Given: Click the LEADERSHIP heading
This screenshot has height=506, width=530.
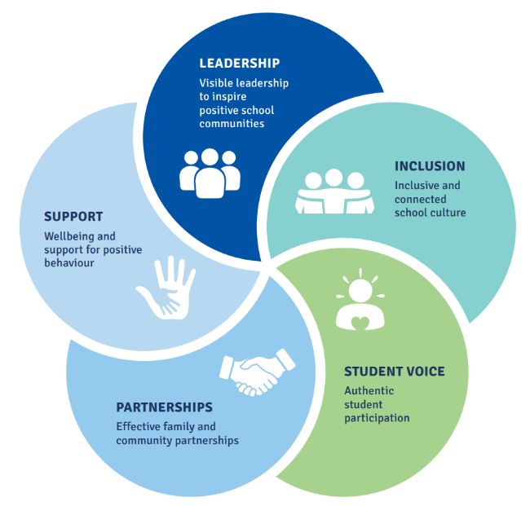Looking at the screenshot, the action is tap(239, 64).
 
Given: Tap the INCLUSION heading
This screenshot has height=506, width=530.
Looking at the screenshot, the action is tap(430, 166).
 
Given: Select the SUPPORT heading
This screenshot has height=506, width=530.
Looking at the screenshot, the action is tap(73, 217).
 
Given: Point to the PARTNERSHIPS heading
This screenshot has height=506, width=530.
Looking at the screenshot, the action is tap(164, 407).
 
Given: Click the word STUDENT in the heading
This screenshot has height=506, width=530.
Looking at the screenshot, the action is tap(373, 372).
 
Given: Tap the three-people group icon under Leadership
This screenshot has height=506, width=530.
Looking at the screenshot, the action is tap(210, 174).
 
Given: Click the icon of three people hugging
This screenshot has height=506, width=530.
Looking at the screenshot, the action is tap(334, 191).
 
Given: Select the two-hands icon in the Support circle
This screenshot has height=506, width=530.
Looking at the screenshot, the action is tap(166, 288).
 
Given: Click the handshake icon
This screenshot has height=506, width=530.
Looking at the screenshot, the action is tap(257, 372).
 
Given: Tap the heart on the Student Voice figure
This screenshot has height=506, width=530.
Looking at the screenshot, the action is tap(360, 323).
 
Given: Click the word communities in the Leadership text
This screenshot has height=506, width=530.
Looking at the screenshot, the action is tap(232, 124).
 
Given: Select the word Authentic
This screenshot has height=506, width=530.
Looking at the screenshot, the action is tap(369, 391).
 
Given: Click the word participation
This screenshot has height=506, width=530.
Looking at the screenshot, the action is tap(377, 418).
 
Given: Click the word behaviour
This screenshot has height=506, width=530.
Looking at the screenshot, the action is tap(69, 263).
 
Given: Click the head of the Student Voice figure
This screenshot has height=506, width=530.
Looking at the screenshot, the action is tap(360, 291).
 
